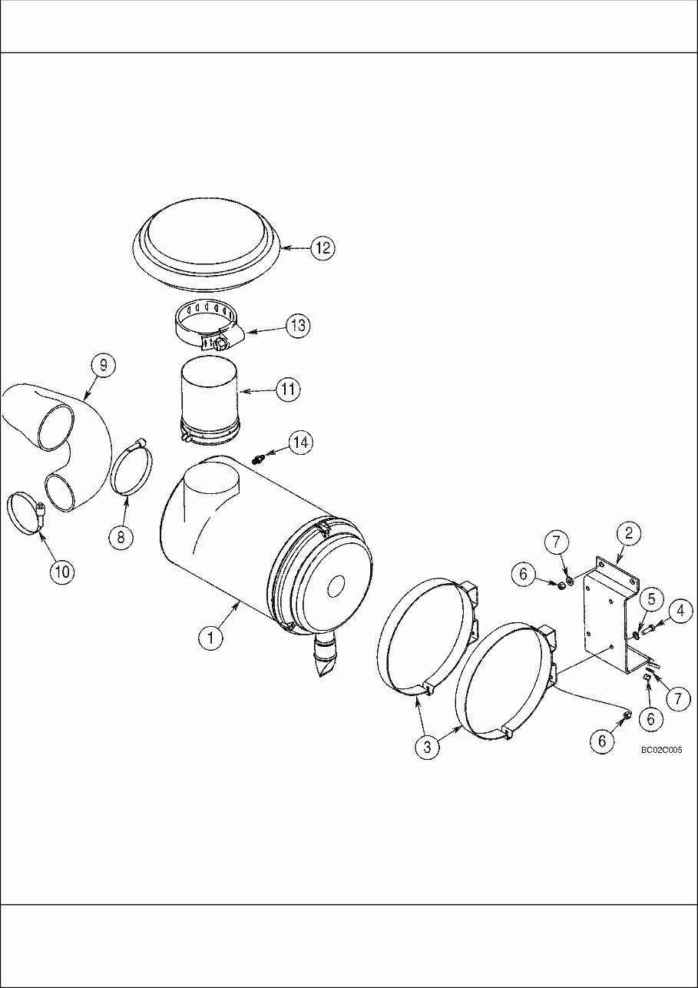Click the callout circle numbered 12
point(323,247)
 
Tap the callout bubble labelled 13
point(298,325)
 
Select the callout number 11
point(288,390)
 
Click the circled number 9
point(103,366)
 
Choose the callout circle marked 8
point(121,537)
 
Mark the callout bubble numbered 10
point(63,570)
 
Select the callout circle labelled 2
point(628,533)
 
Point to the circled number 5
point(650,598)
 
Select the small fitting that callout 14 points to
point(257,459)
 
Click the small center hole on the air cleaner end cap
point(335,588)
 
